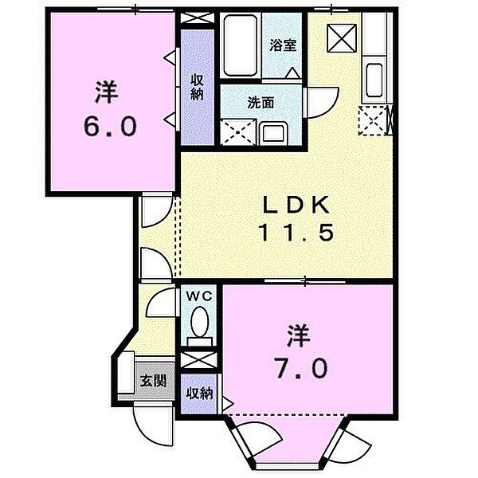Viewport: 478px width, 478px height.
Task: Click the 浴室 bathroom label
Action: click(x=283, y=45)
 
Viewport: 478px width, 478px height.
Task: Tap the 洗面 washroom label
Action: click(x=261, y=103)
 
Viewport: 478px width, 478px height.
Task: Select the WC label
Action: click(x=199, y=296)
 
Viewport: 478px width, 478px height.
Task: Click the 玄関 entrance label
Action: click(x=153, y=381)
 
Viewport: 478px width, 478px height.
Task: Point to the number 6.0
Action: click(x=110, y=127)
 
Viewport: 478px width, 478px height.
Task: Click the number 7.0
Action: click(x=302, y=368)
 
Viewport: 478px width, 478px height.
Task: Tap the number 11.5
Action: click(x=296, y=233)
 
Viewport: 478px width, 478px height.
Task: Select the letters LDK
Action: click(x=296, y=205)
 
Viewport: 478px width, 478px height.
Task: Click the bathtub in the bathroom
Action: click(x=240, y=45)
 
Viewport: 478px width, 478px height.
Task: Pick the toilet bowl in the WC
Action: click(x=200, y=322)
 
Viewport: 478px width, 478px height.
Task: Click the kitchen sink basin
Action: click(x=374, y=80)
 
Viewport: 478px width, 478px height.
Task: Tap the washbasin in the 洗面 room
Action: click(x=273, y=133)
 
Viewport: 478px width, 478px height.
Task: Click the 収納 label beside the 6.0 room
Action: click(x=197, y=88)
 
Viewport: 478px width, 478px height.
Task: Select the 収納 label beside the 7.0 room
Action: click(x=200, y=394)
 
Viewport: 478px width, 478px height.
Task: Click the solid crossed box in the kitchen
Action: click(x=342, y=38)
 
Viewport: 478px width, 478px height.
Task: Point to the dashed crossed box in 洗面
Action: click(x=237, y=131)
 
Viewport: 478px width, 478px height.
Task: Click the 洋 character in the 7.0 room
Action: click(x=299, y=336)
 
